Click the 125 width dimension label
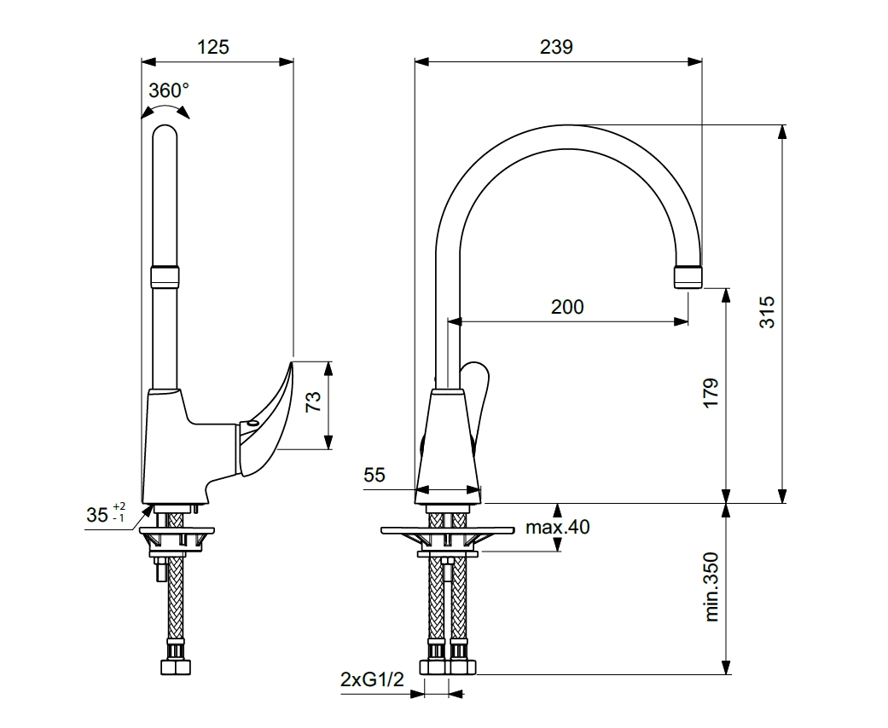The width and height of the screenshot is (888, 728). (x=213, y=47)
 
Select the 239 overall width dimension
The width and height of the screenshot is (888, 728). (x=556, y=47)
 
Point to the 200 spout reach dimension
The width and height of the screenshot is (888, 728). (x=568, y=307)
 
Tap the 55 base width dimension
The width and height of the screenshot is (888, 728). (x=375, y=475)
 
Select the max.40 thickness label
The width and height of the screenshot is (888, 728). (x=557, y=527)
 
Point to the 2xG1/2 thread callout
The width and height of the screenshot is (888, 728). (x=371, y=679)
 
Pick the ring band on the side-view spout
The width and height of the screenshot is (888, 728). (x=165, y=276)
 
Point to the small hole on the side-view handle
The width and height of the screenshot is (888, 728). (x=252, y=423)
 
